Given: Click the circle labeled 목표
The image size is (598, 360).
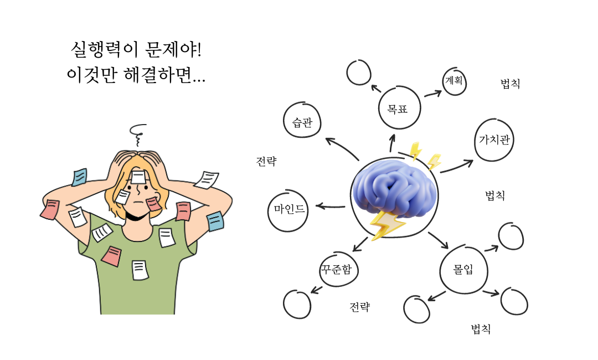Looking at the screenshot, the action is pos(398,109).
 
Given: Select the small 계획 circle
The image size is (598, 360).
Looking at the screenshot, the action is pos(455,82).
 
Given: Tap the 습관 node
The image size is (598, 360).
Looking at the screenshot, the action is pos(302,121).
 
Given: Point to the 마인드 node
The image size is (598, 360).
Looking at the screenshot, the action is pos(288,209).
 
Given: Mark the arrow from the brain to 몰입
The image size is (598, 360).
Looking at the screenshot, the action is pos(437,240).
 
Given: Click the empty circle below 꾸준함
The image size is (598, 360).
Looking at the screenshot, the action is pos(297,304).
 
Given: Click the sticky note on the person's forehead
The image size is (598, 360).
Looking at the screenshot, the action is pos(138,177).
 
